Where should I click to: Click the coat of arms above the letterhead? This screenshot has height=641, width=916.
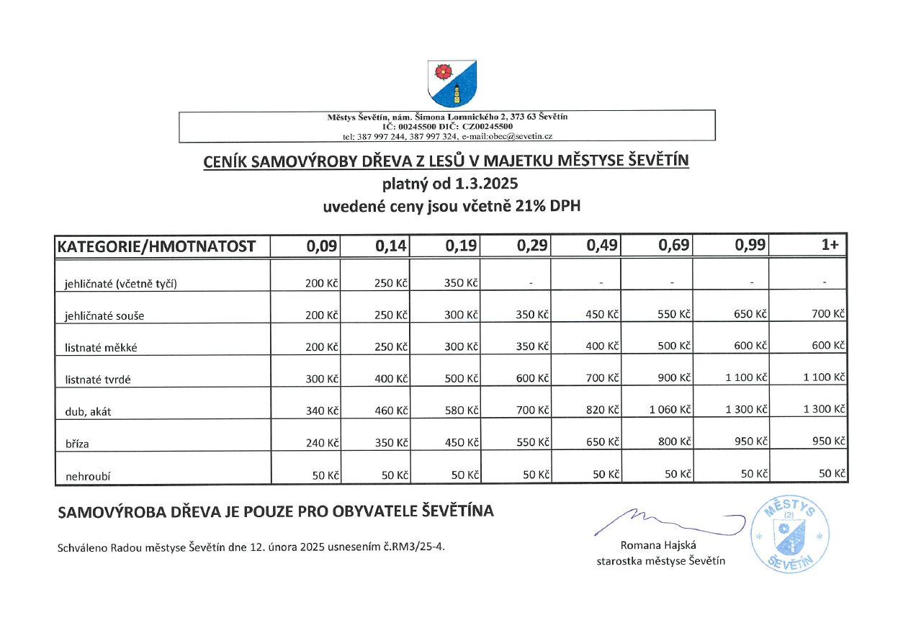click(x=452, y=83)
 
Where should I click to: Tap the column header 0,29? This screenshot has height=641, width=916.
click(x=533, y=246)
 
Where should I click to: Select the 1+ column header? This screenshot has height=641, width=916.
click(x=830, y=246)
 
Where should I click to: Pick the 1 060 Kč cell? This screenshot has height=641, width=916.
click(x=670, y=410)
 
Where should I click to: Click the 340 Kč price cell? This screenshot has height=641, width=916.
click(x=322, y=411)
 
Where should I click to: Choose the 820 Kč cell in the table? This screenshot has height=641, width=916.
click(x=603, y=410)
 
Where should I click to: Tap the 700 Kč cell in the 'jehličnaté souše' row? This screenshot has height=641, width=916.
click(x=829, y=314)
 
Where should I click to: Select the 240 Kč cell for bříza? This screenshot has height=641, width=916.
click(x=322, y=443)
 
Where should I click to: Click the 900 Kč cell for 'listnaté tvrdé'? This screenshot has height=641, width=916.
click(x=674, y=377)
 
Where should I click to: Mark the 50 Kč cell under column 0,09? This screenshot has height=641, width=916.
click(x=326, y=475)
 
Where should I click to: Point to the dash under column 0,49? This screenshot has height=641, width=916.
click(x=601, y=283)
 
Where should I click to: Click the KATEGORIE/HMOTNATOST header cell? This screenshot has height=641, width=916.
click(x=156, y=246)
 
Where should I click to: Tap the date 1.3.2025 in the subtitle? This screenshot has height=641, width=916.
click(x=486, y=184)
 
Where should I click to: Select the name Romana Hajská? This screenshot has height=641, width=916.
click(x=658, y=545)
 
